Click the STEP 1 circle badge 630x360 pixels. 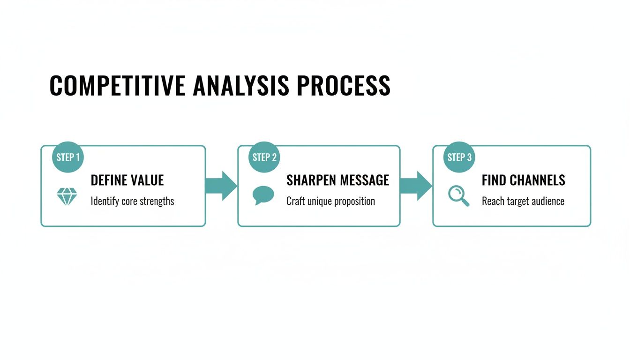click(67, 157)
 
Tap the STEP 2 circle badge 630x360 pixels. click(264, 157)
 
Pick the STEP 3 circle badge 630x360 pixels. click(459, 157)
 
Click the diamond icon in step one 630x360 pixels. click(67, 196)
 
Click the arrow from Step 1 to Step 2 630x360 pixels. click(221, 186)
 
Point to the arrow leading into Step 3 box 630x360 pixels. click(416, 186)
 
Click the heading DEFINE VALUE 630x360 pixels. click(127, 180)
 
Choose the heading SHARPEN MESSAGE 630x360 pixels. click(337, 180)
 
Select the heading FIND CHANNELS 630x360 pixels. click(523, 180)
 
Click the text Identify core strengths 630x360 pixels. click(132, 202)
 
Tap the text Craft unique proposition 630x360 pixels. click(330, 202)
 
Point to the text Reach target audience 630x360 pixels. click(523, 202)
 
